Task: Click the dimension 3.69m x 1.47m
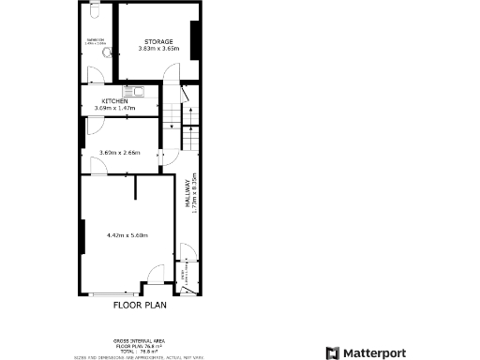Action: coord(114,108)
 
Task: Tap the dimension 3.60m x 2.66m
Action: coord(119,152)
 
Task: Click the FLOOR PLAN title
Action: coord(140,305)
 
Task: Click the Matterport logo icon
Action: coord(331,352)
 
